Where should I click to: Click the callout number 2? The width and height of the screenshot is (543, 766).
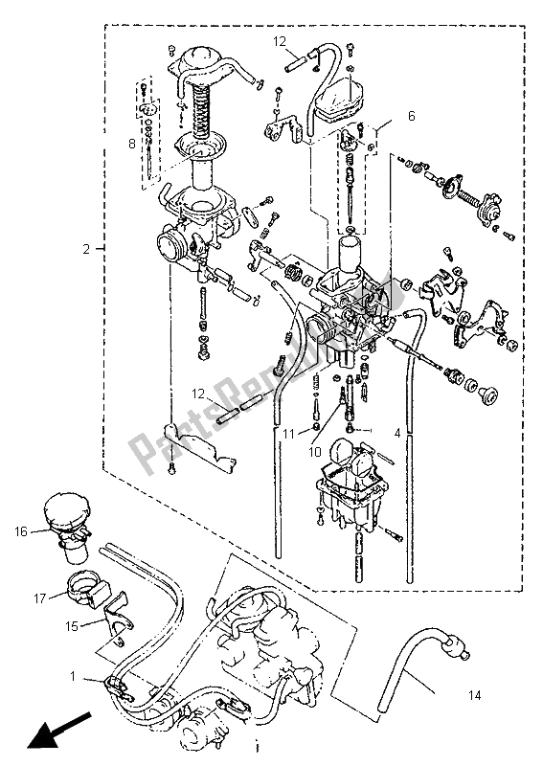(x=86, y=249)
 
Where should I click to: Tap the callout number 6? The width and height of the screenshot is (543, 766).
(x=411, y=116)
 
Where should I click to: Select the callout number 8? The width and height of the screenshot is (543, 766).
(x=131, y=145)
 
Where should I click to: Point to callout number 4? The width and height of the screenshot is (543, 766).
(x=397, y=433)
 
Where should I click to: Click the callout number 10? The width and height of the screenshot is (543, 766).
(x=315, y=452)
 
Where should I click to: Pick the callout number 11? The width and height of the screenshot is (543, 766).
(x=290, y=433)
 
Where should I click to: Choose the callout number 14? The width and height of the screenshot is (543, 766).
(x=475, y=694)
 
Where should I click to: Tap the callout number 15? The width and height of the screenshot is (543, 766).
(x=72, y=625)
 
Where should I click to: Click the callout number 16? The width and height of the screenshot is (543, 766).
(x=21, y=531)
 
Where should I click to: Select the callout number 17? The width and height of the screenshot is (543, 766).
(x=39, y=597)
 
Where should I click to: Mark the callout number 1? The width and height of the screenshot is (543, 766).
(x=73, y=677)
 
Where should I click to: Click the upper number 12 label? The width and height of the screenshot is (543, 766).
(x=279, y=41)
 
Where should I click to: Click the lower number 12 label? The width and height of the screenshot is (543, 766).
(x=198, y=394)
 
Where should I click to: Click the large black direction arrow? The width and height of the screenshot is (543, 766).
(x=59, y=731)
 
